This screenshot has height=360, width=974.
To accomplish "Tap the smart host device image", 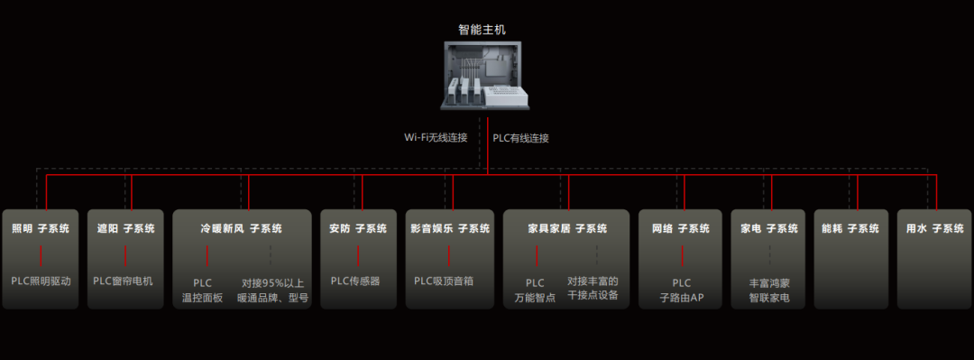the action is (x=482, y=76).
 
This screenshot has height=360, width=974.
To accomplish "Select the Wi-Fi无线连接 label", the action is (x=436, y=137).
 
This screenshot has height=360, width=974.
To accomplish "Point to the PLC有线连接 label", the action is (x=520, y=138).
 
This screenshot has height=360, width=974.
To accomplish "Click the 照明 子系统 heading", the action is (x=41, y=228).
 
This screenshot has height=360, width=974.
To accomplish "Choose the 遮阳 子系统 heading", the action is (x=125, y=228).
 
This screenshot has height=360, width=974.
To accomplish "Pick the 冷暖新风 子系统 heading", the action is (x=241, y=228).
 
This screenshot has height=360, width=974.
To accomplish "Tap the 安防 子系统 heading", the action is (x=358, y=228).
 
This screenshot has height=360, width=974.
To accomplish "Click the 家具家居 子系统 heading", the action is (x=565, y=228).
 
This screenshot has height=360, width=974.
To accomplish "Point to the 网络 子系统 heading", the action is (x=681, y=228).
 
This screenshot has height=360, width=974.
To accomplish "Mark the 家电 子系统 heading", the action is (x=769, y=228).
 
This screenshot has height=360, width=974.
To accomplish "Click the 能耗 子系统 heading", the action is (x=850, y=228).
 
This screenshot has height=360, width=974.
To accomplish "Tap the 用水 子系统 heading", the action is (x=935, y=228).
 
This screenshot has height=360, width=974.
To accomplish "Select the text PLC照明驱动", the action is (x=41, y=281).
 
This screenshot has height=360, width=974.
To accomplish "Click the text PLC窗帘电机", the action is (x=123, y=281).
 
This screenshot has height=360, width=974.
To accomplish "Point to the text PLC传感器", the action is (x=355, y=281).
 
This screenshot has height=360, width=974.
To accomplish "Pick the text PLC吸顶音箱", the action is (x=444, y=281).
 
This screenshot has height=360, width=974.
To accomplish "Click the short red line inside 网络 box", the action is (x=682, y=255).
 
